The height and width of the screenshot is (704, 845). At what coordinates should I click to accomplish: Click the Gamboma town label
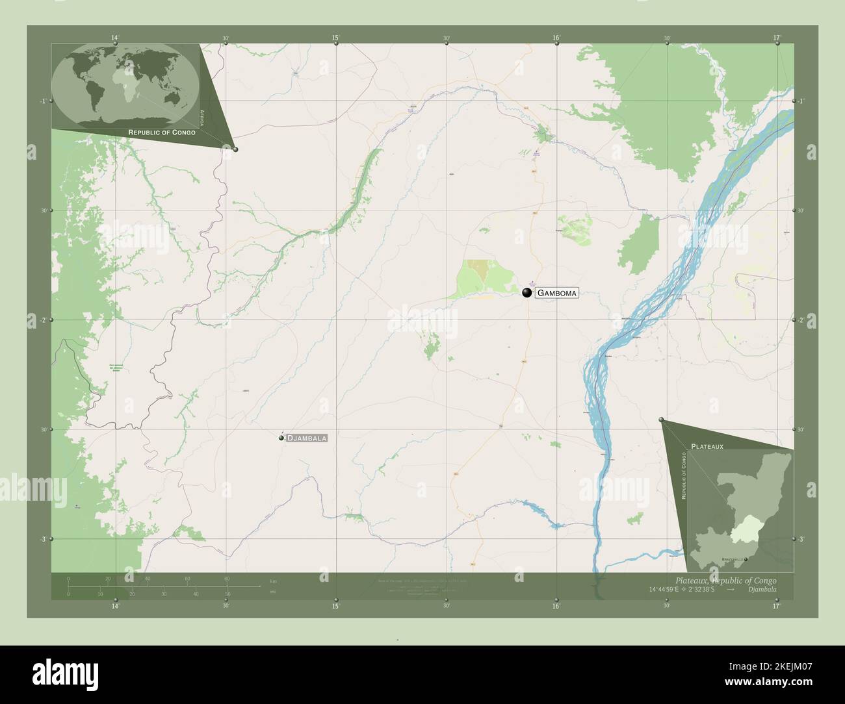pyautogui.click(x=556, y=293)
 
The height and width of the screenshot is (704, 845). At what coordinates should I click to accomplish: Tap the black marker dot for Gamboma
pyautogui.click(x=526, y=293)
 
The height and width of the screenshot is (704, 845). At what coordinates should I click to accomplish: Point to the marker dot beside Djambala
pyautogui.click(x=281, y=438)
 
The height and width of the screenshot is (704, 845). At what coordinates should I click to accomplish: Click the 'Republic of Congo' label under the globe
pyautogui.click(x=162, y=132)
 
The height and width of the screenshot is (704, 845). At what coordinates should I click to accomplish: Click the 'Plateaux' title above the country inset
pyautogui.click(x=707, y=447)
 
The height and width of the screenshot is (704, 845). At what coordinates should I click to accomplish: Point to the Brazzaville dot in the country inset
pyautogui.click(x=746, y=559)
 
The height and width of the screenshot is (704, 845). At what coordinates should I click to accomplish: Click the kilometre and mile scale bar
pyautogui.click(x=149, y=586)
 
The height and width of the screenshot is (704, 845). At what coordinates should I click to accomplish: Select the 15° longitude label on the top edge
pyautogui.click(x=335, y=38)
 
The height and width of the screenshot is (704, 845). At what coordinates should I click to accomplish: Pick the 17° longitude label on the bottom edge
pyautogui.click(x=776, y=607)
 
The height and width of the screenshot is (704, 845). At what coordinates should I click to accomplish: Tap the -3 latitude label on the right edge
pyautogui.click(x=801, y=539)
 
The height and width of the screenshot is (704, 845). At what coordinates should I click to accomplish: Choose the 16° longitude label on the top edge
pyautogui.click(x=556, y=38)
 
